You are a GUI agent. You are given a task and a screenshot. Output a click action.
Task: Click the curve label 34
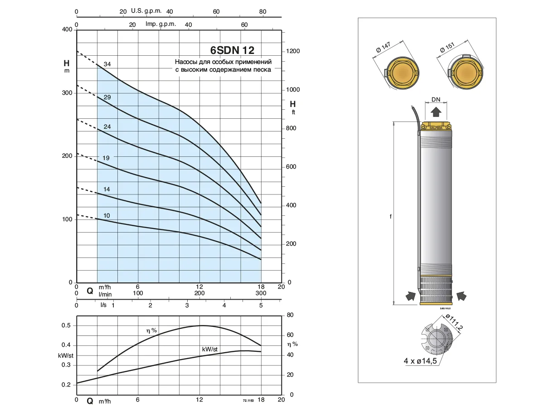(x=107, y=64)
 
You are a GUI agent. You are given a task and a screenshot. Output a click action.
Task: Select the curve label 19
(x=106, y=158)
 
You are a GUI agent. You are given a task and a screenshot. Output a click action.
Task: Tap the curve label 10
(x=107, y=215)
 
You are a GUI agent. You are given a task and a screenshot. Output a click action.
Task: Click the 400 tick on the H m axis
(x=67, y=30)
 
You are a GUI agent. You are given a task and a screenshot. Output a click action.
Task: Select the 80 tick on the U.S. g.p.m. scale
(x=262, y=11)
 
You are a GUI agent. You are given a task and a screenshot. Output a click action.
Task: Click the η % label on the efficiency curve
(x=151, y=331)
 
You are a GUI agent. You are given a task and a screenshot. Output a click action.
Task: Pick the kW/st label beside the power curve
(x=210, y=349)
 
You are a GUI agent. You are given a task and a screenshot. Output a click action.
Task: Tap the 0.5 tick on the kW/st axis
(x=66, y=325)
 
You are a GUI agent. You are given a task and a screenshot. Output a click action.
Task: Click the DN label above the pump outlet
(x=436, y=99)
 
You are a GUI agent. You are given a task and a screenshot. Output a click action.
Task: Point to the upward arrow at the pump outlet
(x=436, y=112)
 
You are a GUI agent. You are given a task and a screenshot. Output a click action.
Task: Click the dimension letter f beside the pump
(x=390, y=217)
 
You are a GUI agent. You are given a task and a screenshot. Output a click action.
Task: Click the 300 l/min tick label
(x=261, y=293)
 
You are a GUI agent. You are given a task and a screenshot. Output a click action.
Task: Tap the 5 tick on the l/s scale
(x=261, y=306)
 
